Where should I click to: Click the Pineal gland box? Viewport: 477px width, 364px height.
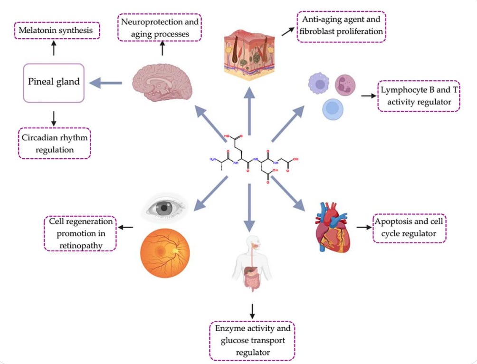click(54, 83)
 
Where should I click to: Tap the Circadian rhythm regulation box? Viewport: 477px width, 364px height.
click(54, 143)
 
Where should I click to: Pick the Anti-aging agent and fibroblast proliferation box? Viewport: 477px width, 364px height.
click(341, 27)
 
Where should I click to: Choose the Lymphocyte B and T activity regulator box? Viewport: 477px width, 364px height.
click(419, 96)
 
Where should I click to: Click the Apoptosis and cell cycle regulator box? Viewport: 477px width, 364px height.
click(410, 228)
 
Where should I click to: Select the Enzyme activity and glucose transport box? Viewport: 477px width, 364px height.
click(252, 340)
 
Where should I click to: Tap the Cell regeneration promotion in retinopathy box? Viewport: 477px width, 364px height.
click(80, 233)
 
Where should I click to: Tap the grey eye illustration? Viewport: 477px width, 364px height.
click(166, 207)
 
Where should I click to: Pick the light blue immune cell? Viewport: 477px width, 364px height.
click(333, 109)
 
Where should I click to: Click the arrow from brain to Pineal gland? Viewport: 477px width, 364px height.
click(107, 83)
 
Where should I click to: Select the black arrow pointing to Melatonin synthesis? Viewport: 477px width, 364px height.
click(54, 47)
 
